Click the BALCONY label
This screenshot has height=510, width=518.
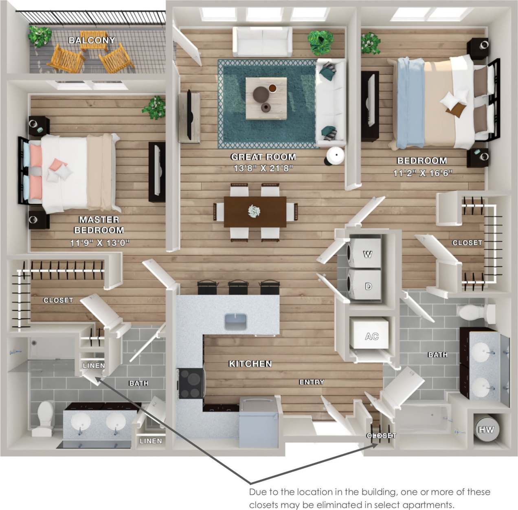tap(92, 40)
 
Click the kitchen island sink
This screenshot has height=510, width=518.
tap(235, 321)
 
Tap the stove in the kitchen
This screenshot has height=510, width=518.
tap(190, 383)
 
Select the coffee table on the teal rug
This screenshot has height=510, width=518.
tap(266, 98)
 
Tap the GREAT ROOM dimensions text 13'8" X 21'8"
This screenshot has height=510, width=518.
tap(263, 168)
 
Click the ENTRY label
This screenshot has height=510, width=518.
tap(312, 382)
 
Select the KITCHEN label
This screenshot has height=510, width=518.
tap(250, 363)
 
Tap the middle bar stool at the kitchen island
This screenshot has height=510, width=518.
tap(238, 287)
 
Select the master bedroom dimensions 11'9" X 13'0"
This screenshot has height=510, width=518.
tap(99, 243)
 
